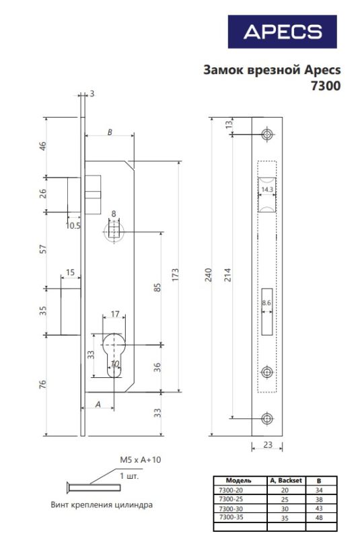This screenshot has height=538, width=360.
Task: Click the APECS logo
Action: click(x=283, y=32)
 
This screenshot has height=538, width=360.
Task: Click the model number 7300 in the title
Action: click(x=326, y=85)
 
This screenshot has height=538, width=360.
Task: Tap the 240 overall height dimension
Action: click(x=209, y=275)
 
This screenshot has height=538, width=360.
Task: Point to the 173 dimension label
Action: click(x=175, y=275)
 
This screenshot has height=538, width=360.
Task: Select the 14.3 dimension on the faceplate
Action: click(x=267, y=190)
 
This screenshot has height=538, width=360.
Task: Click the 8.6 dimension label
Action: click(x=266, y=303)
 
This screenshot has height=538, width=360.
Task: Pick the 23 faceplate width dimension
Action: click(x=268, y=445)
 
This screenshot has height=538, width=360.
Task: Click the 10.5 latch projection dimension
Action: click(x=73, y=225)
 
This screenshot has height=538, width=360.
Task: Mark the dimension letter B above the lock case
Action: click(x=110, y=132)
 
